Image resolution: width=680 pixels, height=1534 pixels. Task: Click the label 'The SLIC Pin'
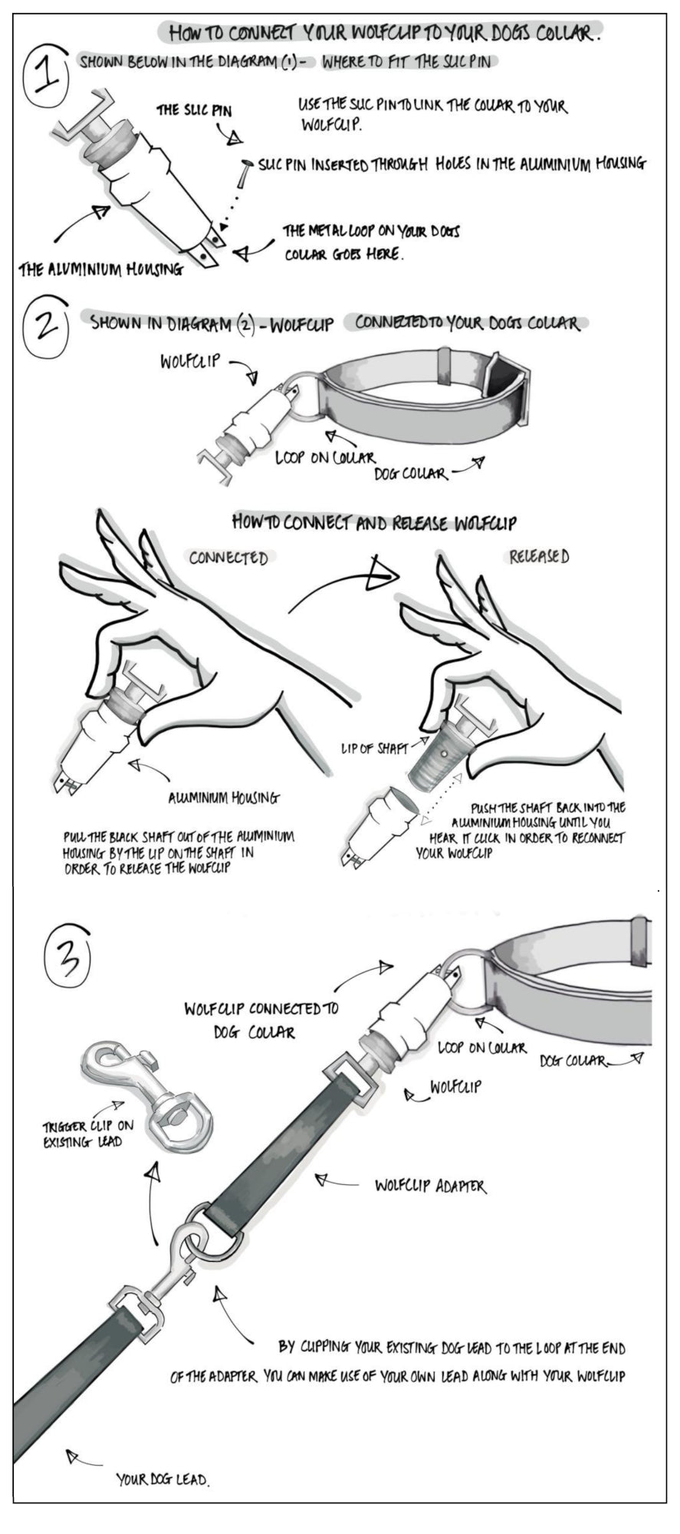click(194, 110)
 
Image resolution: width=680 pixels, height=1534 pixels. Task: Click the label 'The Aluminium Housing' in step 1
click(101, 269)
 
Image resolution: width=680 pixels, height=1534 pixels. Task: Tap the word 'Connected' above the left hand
click(229, 558)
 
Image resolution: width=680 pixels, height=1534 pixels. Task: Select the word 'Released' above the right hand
click(539, 557)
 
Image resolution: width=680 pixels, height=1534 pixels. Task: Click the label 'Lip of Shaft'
click(374, 748)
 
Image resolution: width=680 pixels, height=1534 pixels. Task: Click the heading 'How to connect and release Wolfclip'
click(373, 524)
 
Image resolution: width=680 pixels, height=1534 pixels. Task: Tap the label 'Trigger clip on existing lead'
click(87, 1133)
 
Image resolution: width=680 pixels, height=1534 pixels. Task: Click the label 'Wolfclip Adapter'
click(430, 1186)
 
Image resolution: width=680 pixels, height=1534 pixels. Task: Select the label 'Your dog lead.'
click(163, 1480)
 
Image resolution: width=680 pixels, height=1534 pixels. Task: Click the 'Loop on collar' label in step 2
click(325, 458)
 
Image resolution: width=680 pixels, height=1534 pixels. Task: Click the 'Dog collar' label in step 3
click(573, 1061)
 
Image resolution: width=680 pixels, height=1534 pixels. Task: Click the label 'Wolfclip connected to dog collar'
click(261, 1019)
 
